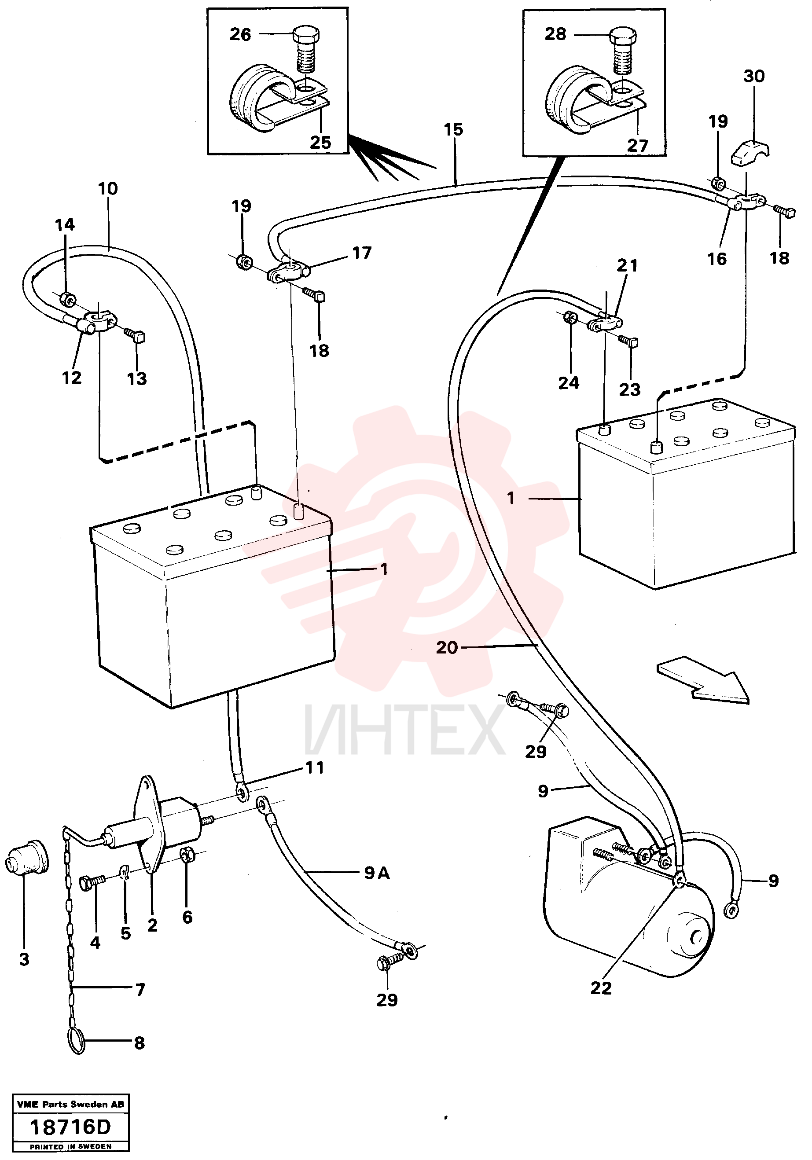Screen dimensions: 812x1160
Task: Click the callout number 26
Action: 240,34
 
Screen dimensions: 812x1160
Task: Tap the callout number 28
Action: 555,34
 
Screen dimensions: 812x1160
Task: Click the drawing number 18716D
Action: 70,1127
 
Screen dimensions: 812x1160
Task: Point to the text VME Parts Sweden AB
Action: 70,1105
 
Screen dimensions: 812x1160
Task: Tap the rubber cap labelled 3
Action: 27,859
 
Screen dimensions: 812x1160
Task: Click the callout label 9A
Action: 377,873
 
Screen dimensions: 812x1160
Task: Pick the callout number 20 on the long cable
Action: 447,648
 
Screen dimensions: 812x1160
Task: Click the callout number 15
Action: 453,130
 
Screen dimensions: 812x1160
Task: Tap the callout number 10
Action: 108,189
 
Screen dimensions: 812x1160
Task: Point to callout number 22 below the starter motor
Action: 601,988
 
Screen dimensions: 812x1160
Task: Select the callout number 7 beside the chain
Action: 140,989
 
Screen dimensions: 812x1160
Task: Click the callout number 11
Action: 314,768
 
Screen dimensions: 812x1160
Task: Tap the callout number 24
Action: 569,383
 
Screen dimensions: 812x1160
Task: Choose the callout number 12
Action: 71,378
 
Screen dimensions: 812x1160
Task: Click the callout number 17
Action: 362,253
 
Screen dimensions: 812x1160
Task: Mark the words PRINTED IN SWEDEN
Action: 70,1146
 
